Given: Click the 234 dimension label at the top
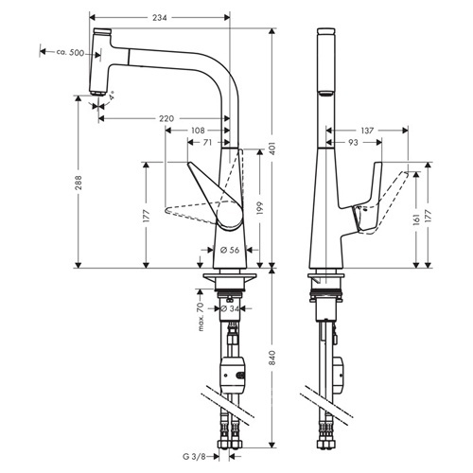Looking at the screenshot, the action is coord(160,18).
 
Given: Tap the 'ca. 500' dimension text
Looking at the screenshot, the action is coord(70,52).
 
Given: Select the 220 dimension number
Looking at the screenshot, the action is coord(166,118).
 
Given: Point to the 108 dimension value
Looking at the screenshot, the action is coord(198,131).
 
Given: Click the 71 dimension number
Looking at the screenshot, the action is coord(207,143).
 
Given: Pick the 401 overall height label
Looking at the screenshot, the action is coord(273,149).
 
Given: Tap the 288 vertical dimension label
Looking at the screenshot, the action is coord(79,183).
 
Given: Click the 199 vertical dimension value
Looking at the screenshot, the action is coord(260,208).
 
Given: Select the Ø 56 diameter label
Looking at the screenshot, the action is coord(230,250).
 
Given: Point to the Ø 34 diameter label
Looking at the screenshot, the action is coord(230,308).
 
